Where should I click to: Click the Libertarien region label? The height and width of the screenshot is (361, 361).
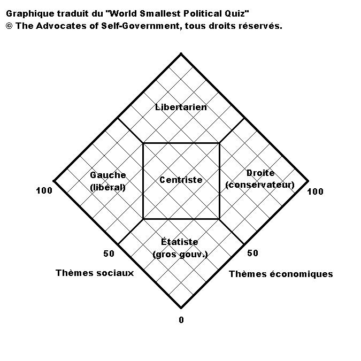[x=181, y=107]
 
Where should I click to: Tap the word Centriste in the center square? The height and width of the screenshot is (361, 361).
[x=181, y=180]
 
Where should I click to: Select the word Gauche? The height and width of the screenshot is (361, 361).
[x=107, y=175]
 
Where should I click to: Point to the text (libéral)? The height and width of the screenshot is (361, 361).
[x=107, y=188]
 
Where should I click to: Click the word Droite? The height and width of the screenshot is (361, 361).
[x=260, y=173]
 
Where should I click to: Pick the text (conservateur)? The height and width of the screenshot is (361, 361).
[x=260, y=185]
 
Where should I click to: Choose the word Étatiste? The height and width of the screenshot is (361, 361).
[x=180, y=242]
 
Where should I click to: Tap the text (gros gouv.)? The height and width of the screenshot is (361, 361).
[x=180, y=255]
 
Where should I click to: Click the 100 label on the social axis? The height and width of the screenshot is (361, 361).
[x=44, y=190]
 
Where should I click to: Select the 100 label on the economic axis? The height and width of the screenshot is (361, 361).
[x=316, y=191]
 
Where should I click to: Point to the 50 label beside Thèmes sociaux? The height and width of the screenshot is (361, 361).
[x=109, y=254]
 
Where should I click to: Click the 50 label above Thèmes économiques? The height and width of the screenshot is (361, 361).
[x=253, y=254]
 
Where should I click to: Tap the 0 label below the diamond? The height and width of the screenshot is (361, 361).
[x=181, y=320]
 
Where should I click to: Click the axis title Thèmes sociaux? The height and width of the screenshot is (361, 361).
[x=95, y=273]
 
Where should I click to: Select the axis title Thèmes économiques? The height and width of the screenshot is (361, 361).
[x=281, y=274]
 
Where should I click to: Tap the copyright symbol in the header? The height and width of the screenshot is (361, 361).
[x=9, y=26]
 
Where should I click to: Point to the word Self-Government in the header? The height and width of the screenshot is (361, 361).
[x=140, y=26]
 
